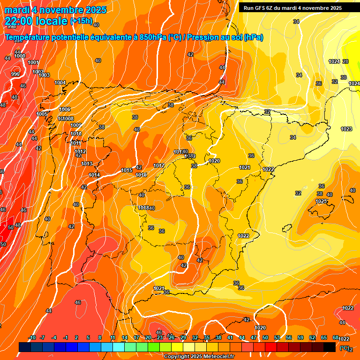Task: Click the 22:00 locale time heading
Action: (x=36, y=21)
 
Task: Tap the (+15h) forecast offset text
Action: (x=81, y=22)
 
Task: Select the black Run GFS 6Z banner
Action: (x=292, y=8)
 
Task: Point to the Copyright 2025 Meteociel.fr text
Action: (x=199, y=356)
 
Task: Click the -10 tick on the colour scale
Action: (x=32, y=338)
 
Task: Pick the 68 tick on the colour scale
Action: (x=336, y=338)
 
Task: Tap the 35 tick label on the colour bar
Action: (x=207, y=338)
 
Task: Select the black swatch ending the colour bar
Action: (x=330, y=347)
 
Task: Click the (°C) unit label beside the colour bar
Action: (x=345, y=348)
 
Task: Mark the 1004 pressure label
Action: (x=60, y=82)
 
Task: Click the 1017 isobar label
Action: (x=159, y=165)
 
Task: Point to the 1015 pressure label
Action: (x=127, y=170)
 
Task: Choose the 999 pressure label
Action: (x=15, y=74)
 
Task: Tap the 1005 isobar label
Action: (x=42, y=114)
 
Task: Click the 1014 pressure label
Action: (x=94, y=175)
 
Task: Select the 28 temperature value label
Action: (x=345, y=61)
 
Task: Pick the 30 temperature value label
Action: (x=344, y=77)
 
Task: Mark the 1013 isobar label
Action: (x=87, y=163)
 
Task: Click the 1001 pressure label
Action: (x=33, y=62)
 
